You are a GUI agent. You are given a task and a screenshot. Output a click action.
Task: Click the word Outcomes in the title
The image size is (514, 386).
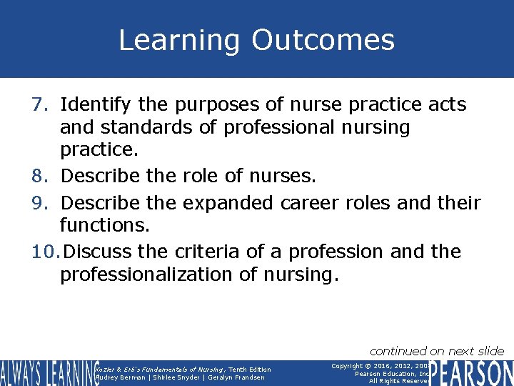tap(323, 40)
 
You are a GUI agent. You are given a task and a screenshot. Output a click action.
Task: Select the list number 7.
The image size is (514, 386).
tap(39, 105)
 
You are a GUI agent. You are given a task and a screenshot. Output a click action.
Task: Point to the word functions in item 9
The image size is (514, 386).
tap(104, 226)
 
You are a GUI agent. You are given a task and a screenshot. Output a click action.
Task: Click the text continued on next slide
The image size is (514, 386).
tap(436, 350)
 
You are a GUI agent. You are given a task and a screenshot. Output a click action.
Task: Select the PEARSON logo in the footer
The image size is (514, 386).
tap(473, 373)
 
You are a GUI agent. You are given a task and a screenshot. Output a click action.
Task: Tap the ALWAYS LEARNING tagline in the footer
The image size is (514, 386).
tap(49, 373)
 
